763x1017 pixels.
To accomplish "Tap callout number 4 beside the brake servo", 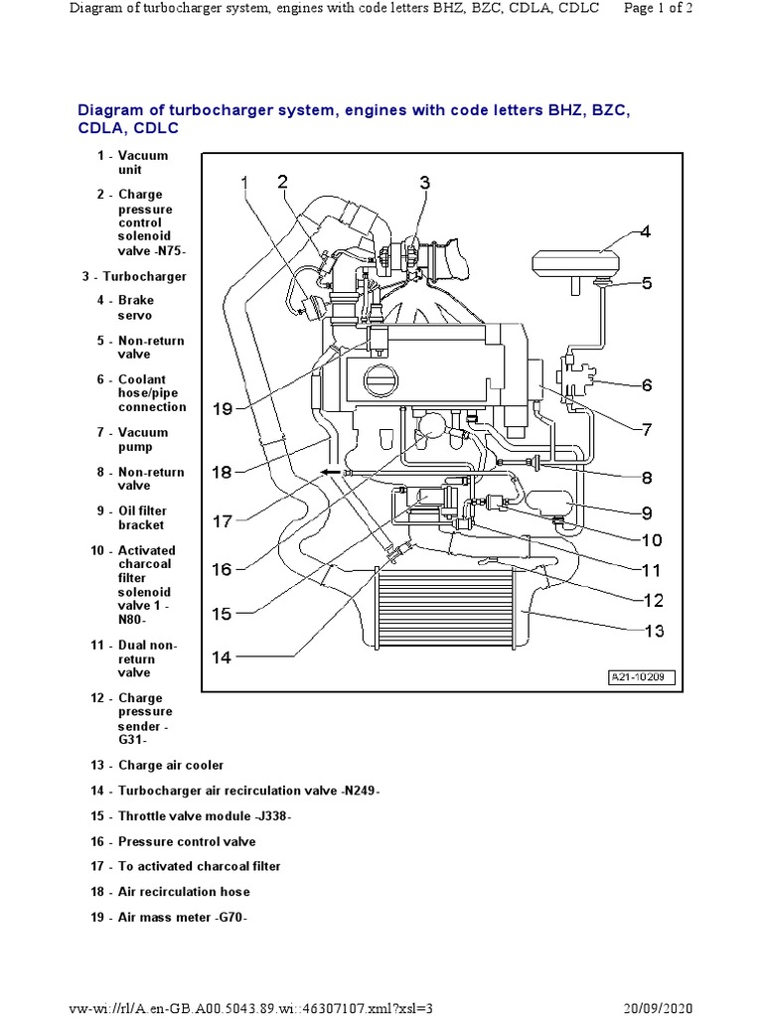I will (x=645, y=232).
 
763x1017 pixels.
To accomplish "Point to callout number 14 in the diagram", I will (x=221, y=656).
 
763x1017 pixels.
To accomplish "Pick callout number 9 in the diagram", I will (x=646, y=512).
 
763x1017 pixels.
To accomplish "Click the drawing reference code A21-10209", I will (x=642, y=678).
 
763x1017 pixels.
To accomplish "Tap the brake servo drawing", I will (x=575, y=263).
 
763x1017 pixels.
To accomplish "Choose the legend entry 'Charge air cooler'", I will (x=171, y=765).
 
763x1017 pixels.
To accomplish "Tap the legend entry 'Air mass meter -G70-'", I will (x=183, y=917).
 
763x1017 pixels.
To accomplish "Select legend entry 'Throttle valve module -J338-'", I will (x=205, y=815).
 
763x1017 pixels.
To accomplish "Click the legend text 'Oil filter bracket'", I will (x=141, y=517).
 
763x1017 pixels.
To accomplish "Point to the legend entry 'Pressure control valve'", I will (x=187, y=841).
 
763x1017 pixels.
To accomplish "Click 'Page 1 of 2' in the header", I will (x=686, y=9).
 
